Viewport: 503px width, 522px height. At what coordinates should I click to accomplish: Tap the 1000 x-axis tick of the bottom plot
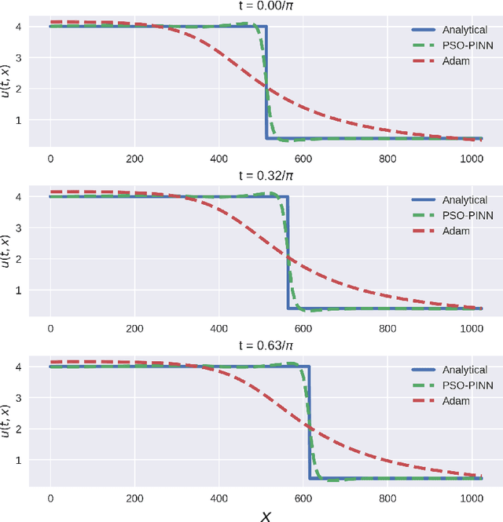tap(472, 497)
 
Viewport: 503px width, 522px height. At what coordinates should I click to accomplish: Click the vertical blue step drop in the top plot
tap(267, 82)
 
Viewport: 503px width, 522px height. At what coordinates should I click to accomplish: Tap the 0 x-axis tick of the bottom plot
tap(50, 497)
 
